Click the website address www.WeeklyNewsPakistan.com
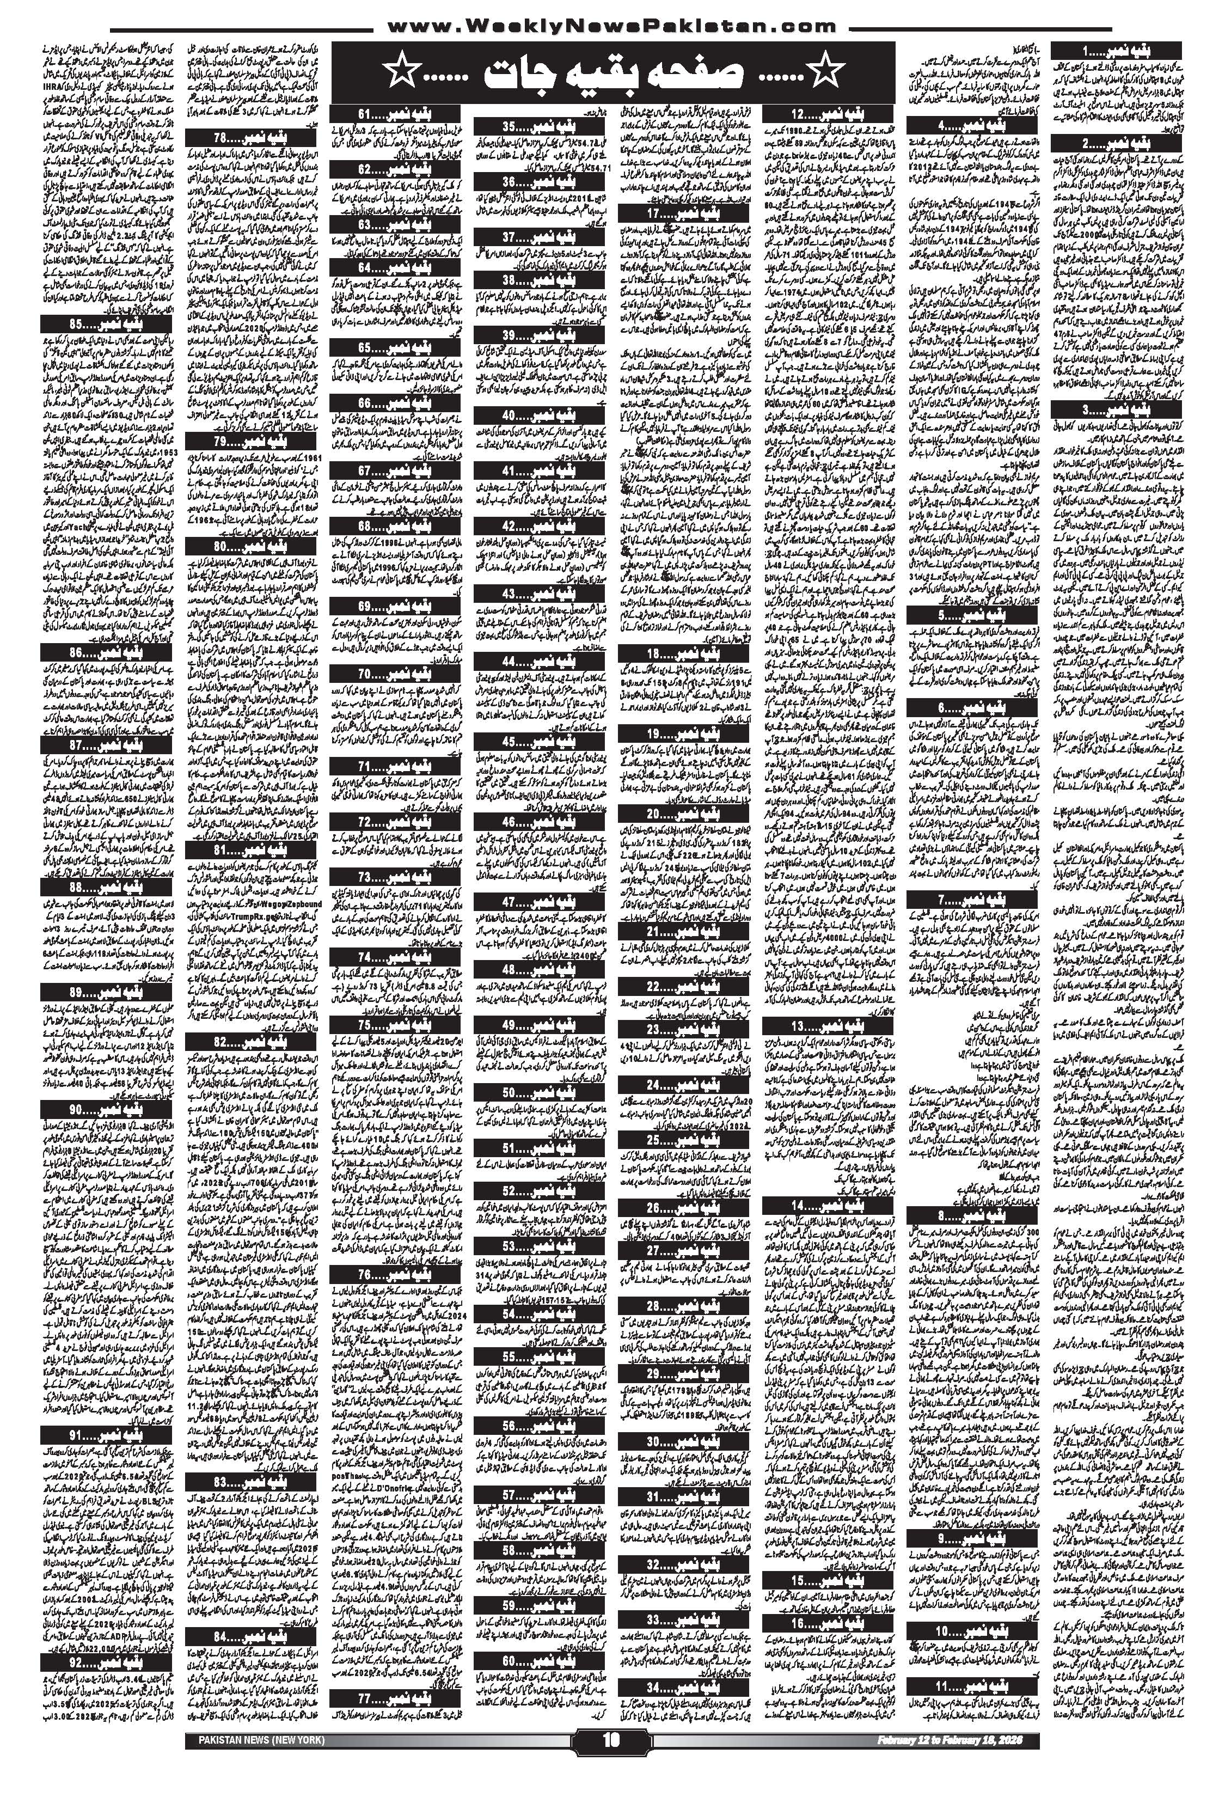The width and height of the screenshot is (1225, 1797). point(611,26)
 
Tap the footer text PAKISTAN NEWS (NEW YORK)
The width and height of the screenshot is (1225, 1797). point(255,1756)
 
